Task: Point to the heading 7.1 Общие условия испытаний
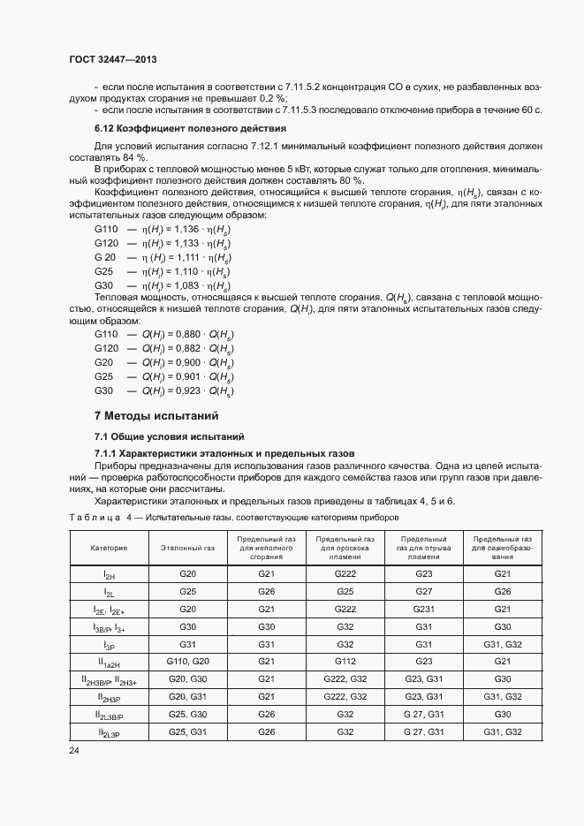(x=164, y=436)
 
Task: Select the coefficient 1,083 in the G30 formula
(x=188, y=286)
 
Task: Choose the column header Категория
(x=109, y=548)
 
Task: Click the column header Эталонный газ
(x=187, y=548)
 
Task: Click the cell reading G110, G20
(x=187, y=662)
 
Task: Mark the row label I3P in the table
(x=109, y=645)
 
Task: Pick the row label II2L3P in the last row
(x=109, y=732)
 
